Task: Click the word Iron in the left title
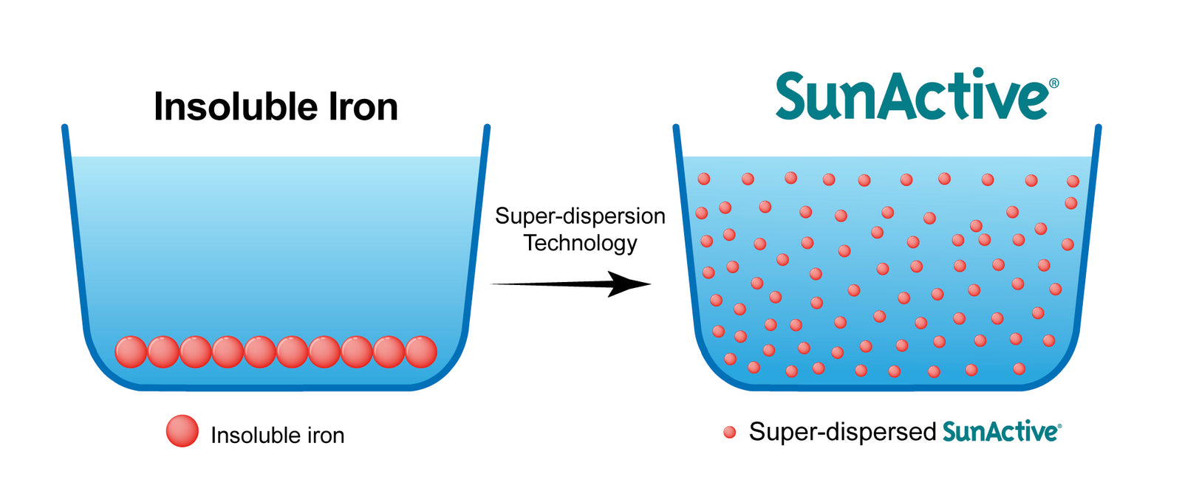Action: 363,107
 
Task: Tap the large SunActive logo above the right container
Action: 912,96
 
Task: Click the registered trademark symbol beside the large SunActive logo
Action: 1053,83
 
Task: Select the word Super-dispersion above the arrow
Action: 580,216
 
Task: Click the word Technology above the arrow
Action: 580,243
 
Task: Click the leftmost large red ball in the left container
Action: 131,351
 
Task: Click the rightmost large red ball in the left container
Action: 421,351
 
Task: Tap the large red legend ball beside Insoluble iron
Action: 182,431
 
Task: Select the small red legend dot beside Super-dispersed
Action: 730,432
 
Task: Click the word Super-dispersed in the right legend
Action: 842,432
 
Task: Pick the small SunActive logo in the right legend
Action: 1001,432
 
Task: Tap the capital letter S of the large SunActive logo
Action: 795,96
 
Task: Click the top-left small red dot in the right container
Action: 704,179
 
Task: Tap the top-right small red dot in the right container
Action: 1073,181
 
